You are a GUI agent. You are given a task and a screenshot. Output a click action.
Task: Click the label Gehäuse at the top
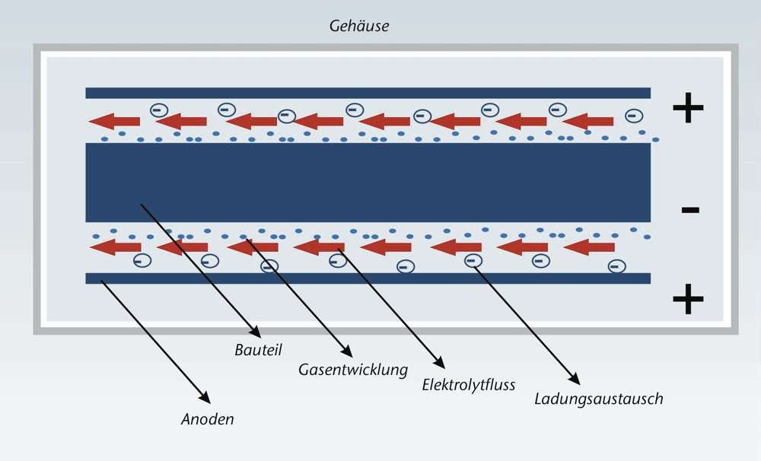(359, 27)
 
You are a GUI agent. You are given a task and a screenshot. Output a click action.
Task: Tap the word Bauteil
(258, 350)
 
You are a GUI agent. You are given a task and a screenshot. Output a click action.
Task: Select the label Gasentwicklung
(352, 370)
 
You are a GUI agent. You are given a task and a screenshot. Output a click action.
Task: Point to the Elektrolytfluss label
(468, 385)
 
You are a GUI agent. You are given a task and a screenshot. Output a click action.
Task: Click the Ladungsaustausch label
(598, 399)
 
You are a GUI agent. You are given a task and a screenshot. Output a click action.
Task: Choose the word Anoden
(207, 418)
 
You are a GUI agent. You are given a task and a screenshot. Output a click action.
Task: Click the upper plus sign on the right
(688, 110)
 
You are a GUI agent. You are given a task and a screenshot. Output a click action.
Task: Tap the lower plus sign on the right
(688, 299)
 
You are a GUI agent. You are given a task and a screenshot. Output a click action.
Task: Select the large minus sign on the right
(689, 209)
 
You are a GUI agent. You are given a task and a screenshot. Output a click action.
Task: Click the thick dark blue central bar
(368, 183)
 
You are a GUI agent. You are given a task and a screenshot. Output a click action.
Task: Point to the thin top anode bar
(368, 93)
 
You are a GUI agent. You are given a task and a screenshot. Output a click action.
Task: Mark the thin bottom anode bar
(368, 278)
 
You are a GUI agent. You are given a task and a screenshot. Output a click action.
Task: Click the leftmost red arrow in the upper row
(113, 121)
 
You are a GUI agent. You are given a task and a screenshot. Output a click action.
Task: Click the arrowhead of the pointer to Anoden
(205, 399)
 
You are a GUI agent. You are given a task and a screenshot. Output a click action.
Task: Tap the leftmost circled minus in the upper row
(157, 110)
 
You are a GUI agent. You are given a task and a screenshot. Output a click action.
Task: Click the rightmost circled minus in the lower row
(616, 266)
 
